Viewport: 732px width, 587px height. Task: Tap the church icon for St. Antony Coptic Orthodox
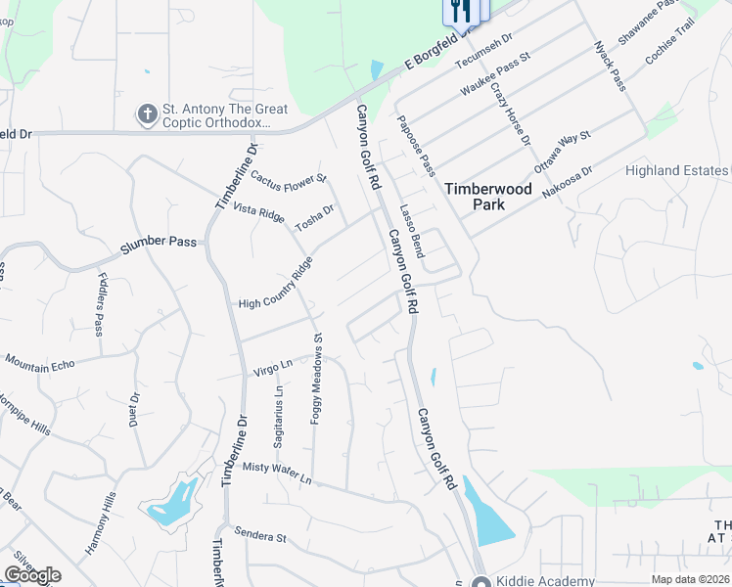[148, 114]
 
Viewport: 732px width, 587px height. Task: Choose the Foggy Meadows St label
[317, 378]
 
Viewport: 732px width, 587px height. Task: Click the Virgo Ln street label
[273, 367]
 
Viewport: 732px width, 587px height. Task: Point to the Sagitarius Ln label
[279, 417]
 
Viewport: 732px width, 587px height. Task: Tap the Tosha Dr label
[315, 216]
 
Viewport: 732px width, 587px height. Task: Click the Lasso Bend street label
[411, 231]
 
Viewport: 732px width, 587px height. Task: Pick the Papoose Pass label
[416, 147]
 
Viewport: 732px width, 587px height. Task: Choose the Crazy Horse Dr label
[511, 114]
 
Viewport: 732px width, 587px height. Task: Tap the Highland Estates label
[678, 170]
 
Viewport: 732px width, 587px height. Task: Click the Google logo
[31, 575]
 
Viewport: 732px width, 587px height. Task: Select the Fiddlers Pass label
[101, 304]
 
